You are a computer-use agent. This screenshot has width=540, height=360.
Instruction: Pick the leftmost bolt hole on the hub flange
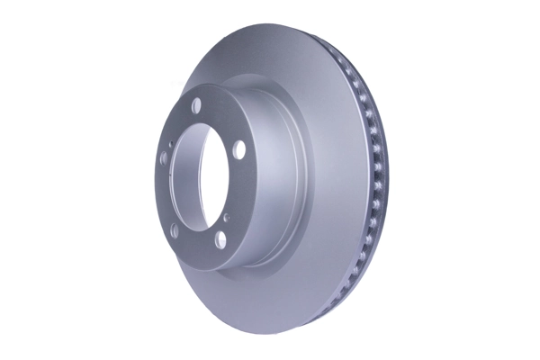tap(164, 159)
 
